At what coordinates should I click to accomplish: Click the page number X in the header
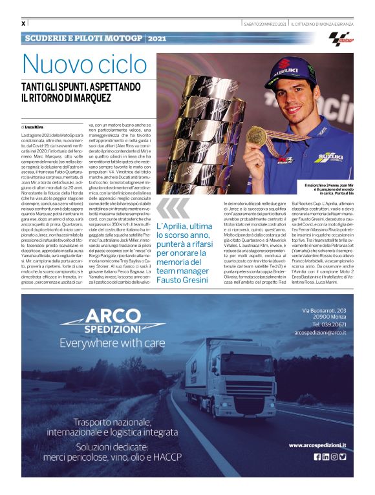coord(24,24)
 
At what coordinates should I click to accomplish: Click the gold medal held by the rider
coord(256,135)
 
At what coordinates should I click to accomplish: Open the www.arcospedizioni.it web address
coord(317,445)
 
